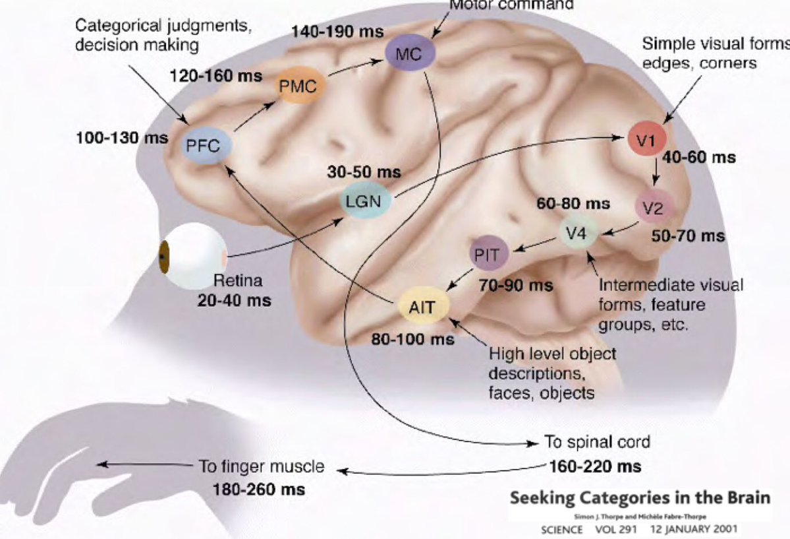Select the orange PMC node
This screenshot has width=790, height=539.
(297, 86)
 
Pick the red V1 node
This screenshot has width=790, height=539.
(646, 139)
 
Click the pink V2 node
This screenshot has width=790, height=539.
(653, 208)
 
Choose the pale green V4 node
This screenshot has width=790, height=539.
(580, 232)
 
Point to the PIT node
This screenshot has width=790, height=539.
(488, 255)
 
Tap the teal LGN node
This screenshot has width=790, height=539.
(364, 201)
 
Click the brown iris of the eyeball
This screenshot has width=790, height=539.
(163, 257)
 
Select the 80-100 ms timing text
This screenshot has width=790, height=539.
(412, 339)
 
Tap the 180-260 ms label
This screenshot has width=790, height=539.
(258, 490)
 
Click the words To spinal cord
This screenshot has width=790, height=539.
(597, 441)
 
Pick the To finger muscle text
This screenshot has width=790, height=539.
(262, 467)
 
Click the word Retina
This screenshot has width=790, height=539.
(238, 281)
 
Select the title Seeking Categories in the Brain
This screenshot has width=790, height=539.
(640, 497)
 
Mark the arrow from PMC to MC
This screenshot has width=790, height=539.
(354, 67)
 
